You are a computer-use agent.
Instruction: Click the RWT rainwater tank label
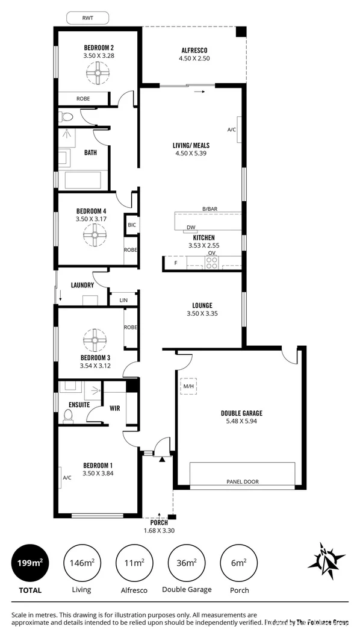[87, 18]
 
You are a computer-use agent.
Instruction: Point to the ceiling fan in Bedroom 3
[95, 340]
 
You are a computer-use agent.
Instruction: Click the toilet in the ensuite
[69, 416]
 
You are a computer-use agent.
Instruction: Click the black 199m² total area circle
[29, 563]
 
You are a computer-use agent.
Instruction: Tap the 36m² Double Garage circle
[187, 563]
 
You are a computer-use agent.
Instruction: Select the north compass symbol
[326, 561]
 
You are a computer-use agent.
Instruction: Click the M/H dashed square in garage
[188, 386]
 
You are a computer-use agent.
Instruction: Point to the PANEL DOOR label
[243, 482]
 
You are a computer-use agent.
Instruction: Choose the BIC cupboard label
[131, 225]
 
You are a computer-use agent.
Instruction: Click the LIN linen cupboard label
[123, 300]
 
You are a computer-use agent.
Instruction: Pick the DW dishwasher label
[190, 228]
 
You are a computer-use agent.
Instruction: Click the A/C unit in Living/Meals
[239, 130]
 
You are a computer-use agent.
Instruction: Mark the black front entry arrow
[163, 460]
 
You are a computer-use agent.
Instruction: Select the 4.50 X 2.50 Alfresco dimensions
[194, 58]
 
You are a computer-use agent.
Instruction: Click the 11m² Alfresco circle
[135, 563]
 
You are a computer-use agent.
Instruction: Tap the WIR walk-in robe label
[115, 408]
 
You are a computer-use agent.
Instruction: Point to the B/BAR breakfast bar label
[210, 208]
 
